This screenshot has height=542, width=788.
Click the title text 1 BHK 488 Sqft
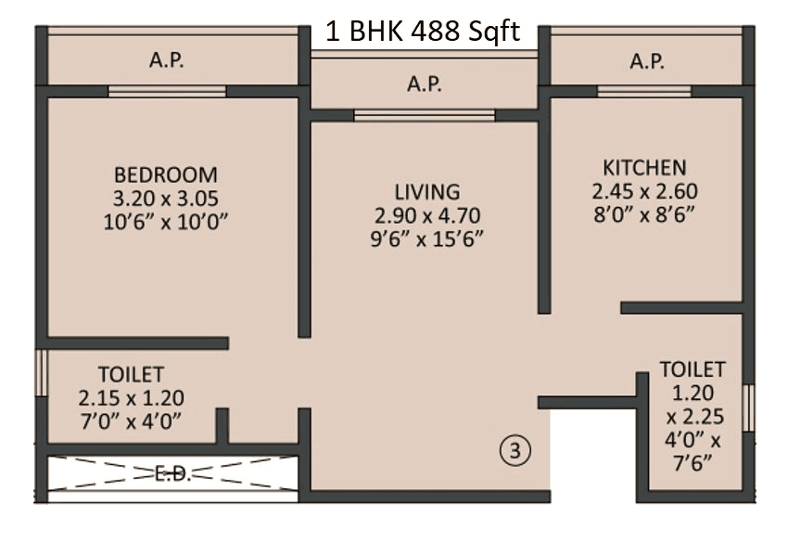[x=422, y=32]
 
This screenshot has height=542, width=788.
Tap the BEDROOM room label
[x=166, y=174]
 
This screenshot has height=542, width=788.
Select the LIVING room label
[x=426, y=192]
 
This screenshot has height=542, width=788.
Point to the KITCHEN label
[x=644, y=168]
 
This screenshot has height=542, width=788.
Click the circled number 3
[x=515, y=451]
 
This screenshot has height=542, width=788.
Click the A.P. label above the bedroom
[x=167, y=62]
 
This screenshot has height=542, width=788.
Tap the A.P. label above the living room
[x=426, y=84]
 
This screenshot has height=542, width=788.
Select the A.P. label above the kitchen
[x=647, y=62]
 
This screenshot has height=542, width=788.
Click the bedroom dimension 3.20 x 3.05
[x=166, y=198]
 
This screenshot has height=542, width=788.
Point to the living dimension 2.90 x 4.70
[x=426, y=215]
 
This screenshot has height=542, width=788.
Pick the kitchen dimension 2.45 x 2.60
[x=644, y=191]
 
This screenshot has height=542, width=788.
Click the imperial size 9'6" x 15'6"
[x=426, y=238]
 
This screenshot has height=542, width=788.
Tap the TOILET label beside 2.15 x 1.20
[x=131, y=375]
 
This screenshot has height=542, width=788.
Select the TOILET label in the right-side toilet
[x=693, y=368]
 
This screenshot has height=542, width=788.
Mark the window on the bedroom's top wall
[x=167, y=91]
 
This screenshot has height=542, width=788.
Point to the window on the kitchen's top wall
[x=643, y=91]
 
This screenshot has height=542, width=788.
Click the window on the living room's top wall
[x=424, y=115]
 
